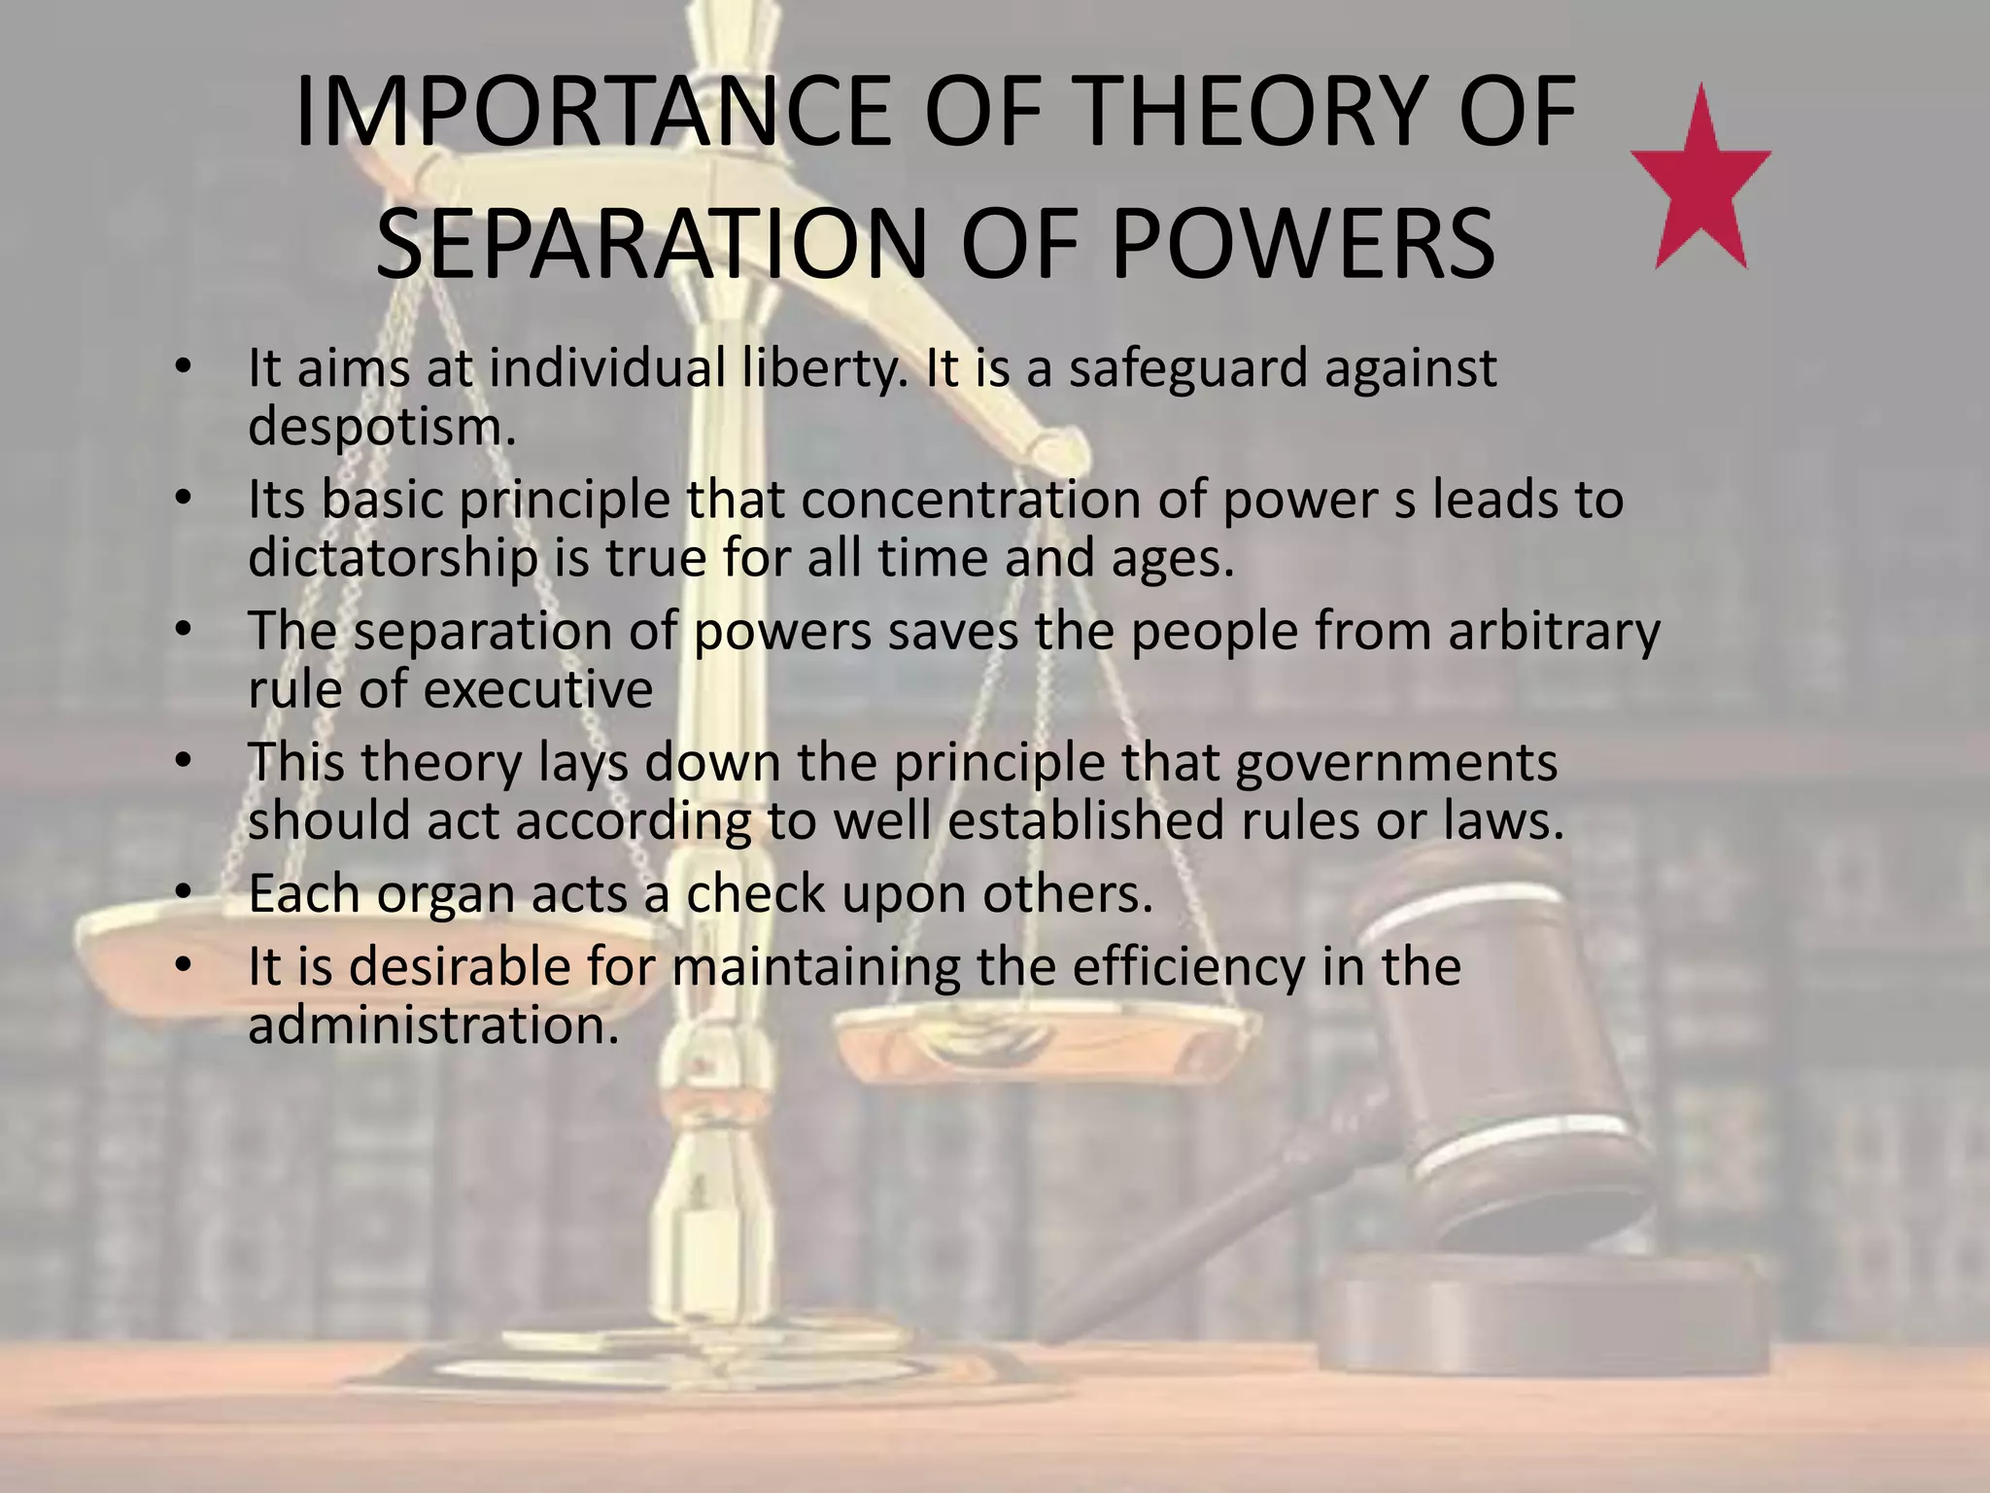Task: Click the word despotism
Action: [x=381, y=428]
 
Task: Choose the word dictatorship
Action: [x=393, y=559]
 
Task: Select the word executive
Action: [x=537, y=690]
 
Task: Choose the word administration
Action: [x=432, y=1025]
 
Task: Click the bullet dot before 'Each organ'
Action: [x=182, y=893]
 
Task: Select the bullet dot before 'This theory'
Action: [x=182, y=762]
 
